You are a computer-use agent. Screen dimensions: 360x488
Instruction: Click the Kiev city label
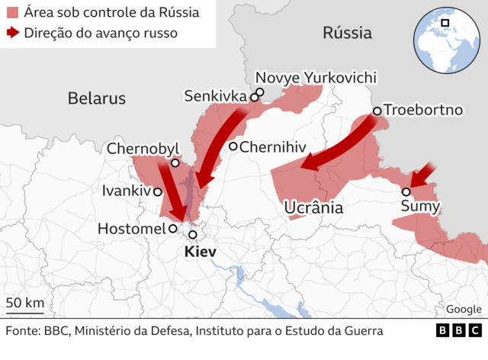click(201, 252)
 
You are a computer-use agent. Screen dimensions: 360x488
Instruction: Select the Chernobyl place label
click(143, 148)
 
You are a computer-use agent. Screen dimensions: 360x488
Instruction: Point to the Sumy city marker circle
click(407, 192)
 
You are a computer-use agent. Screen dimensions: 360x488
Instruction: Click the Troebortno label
click(423, 110)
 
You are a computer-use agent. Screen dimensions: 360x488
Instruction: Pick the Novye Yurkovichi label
click(316, 78)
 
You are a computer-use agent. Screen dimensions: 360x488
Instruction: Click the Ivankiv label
click(127, 191)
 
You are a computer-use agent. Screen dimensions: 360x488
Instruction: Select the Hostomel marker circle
click(174, 228)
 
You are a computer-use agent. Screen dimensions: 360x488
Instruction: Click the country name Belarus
click(96, 98)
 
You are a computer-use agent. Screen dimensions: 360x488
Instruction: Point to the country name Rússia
click(347, 33)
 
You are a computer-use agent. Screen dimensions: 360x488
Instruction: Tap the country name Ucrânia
click(313, 208)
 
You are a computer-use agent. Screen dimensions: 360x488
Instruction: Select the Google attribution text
click(464, 309)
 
